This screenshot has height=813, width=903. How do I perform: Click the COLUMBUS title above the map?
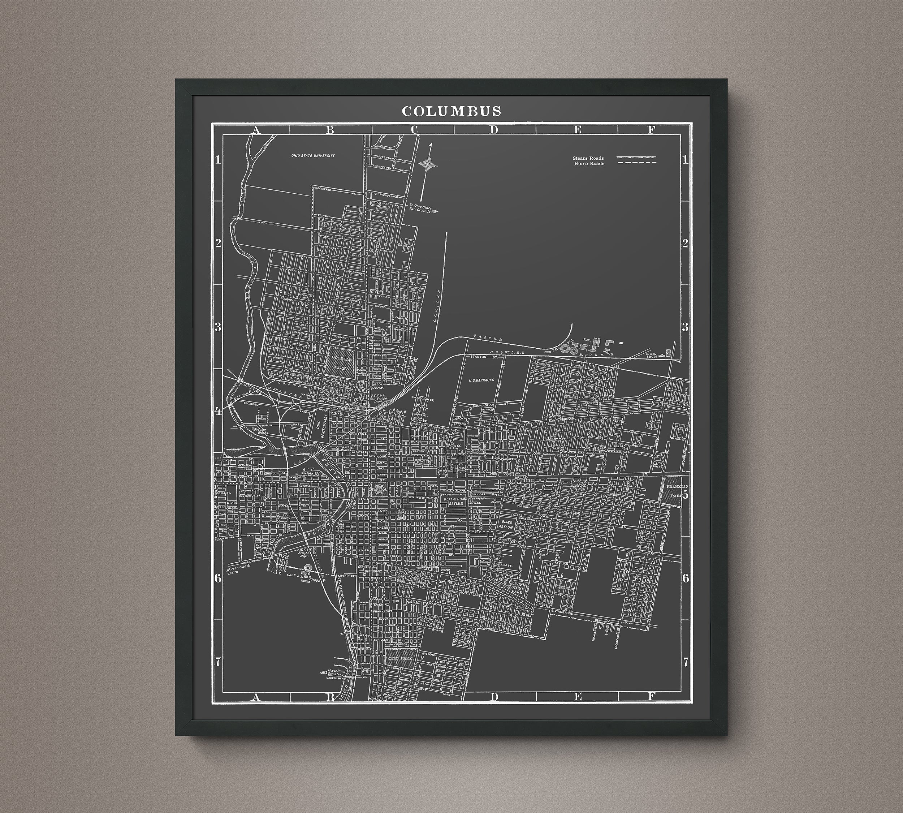tap(451, 111)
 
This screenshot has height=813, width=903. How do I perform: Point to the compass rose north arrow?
tap(429, 162)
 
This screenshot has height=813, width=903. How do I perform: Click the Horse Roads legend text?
tap(589, 163)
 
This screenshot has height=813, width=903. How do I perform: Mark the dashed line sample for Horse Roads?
tap(636, 163)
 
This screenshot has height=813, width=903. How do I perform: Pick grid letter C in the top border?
tap(414, 130)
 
